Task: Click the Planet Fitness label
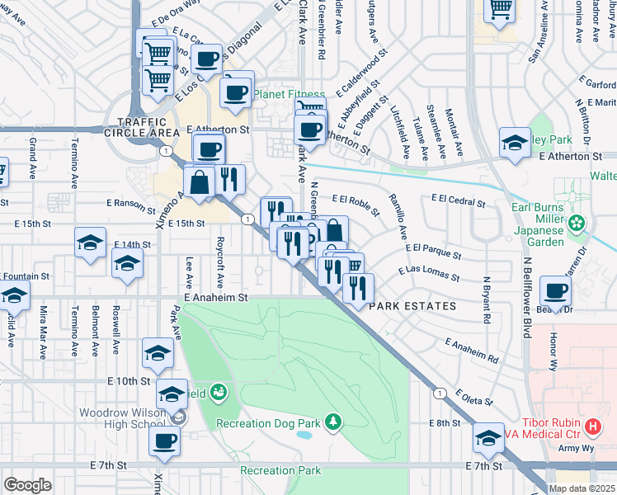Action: pyautogui.click(x=290, y=94)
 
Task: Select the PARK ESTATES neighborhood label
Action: pyautogui.click(x=412, y=306)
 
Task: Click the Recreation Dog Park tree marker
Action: pyautogui.click(x=332, y=422)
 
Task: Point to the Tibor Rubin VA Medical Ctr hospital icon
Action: pyautogui.click(x=592, y=427)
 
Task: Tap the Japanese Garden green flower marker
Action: pyautogui.click(x=577, y=222)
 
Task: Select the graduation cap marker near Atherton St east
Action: pyautogui.click(x=515, y=143)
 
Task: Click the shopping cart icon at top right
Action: pyautogui.click(x=499, y=8)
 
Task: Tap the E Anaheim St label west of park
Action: pyautogui.click(x=215, y=297)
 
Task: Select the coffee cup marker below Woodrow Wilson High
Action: pyautogui.click(x=164, y=440)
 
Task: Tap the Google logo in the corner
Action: pyautogui.click(x=28, y=484)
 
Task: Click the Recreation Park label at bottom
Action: pyautogui.click(x=280, y=471)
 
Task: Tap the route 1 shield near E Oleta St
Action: pyautogui.click(x=441, y=393)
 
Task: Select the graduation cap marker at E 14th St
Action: pyautogui.click(x=90, y=243)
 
